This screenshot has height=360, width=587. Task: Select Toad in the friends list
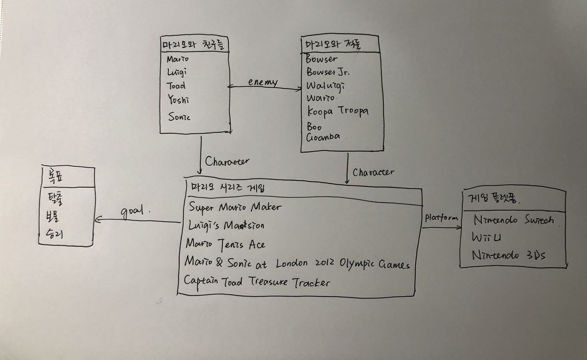click(x=176, y=86)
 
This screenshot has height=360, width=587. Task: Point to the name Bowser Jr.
click(x=328, y=72)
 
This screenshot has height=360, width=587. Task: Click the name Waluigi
click(x=325, y=86)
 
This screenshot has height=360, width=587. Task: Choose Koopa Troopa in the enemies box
click(x=338, y=112)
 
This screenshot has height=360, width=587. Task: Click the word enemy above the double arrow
click(x=263, y=83)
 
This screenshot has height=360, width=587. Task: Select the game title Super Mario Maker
click(x=235, y=207)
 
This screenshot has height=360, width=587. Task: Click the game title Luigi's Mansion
click(x=226, y=225)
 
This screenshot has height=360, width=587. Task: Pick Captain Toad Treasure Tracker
click(x=257, y=282)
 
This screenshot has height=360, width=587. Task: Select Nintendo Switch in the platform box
click(x=514, y=220)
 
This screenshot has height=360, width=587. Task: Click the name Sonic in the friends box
click(x=179, y=117)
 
